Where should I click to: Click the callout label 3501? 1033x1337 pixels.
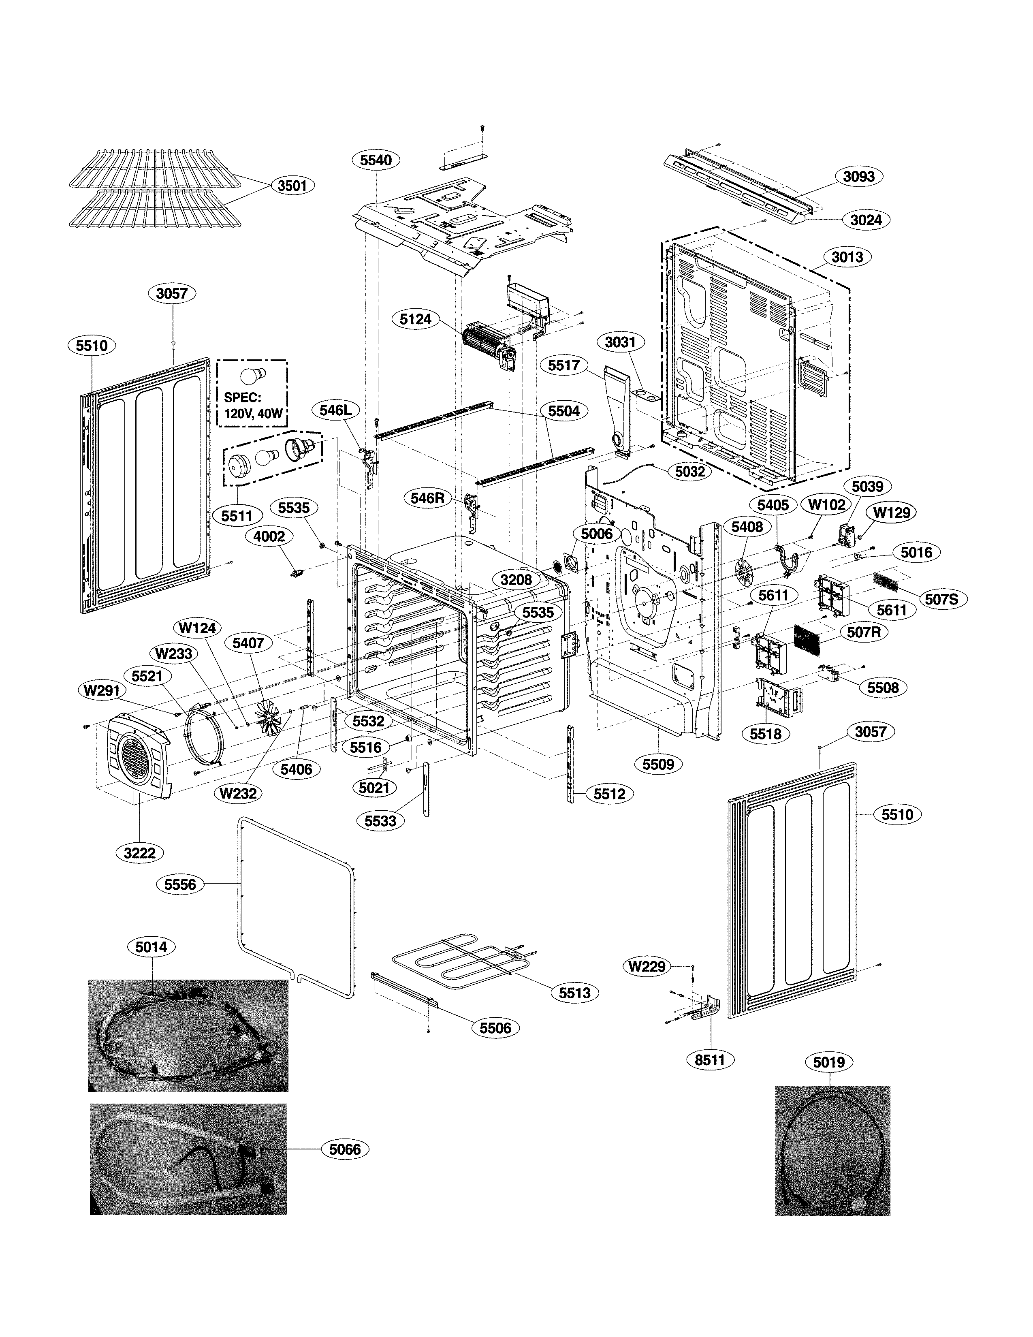[292, 186]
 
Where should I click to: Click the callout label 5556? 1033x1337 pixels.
[180, 884]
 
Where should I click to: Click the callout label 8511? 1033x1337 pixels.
[710, 1059]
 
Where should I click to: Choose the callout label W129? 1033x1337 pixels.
[891, 513]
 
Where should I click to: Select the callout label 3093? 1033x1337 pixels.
[858, 176]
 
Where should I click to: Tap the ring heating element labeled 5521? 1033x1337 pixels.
[203, 735]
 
